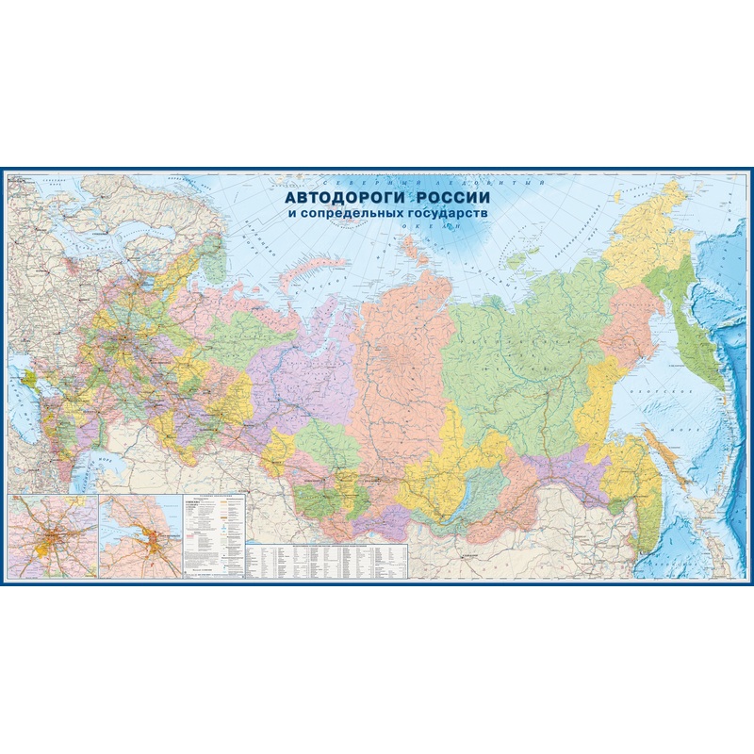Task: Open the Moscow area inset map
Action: [51, 536]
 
